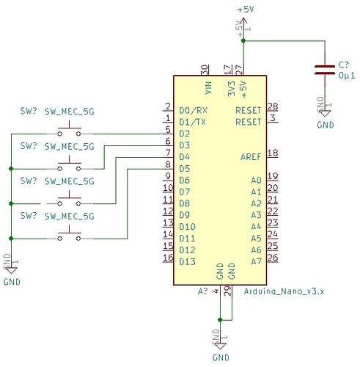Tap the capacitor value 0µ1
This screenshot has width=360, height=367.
tap(347, 75)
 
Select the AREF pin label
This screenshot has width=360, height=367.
tap(251, 157)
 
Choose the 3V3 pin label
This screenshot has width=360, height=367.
tap(229, 90)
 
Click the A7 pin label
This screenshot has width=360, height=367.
tap(256, 261)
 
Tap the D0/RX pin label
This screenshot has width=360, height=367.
tap(191, 111)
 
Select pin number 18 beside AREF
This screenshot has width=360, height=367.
tap(273, 153)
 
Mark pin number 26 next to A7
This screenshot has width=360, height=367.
tap(273, 257)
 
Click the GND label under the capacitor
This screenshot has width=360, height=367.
tap(324, 125)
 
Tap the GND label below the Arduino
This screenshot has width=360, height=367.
tap(221, 357)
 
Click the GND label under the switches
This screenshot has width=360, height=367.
tap(12, 281)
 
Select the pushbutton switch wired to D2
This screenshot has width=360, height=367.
tap(70, 132)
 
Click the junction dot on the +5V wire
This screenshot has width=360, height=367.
tap(243, 41)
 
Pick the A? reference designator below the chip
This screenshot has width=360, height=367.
tap(203, 291)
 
